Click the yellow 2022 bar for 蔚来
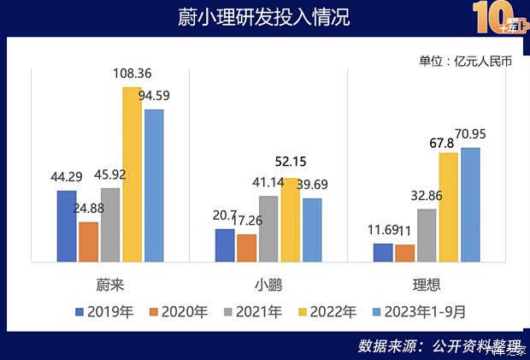point(132,174)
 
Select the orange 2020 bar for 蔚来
point(89,241)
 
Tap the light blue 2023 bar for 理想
point(470,205)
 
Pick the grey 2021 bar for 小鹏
point(268,228)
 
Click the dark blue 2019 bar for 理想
point(383,252)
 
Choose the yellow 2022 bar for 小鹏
point(291,220)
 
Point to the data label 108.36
point(132,74)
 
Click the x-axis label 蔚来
point(111,283)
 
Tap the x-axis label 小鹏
point(268,283)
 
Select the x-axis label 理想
point(427,283)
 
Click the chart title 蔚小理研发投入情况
point(265,18)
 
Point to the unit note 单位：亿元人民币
point(465,61)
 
